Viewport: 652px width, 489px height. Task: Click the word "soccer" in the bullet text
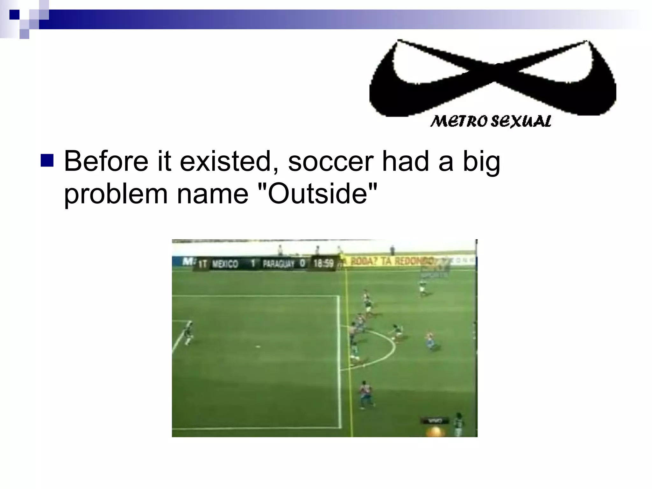(330, 161)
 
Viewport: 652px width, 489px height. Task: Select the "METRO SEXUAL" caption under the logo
(491, 121)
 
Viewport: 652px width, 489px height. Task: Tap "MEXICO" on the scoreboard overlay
(225, 264)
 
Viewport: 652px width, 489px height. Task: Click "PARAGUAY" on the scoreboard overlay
(279, 264)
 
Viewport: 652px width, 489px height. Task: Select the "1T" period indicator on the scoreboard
(202, 264)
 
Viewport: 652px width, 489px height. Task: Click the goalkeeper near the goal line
(188, 333)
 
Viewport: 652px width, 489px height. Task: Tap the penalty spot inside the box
(258, 346)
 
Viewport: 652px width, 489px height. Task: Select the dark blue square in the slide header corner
(14, 15)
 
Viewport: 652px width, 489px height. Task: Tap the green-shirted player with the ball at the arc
(396, 332)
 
